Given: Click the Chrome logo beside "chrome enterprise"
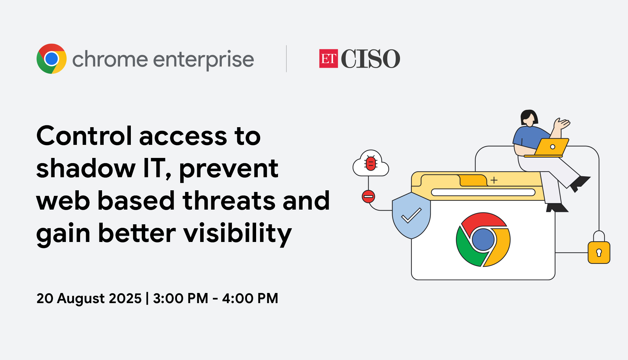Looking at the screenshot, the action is [52, 59].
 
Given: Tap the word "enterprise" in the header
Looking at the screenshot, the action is [203, 60].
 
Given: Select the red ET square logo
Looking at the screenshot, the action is [328, 59].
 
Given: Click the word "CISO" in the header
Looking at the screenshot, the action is [371, 59].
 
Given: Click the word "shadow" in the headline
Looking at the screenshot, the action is [86, 168].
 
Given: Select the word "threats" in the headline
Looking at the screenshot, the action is [229, 200].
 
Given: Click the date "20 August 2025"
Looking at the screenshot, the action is [89, 298].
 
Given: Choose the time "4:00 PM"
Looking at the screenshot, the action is [250, 298].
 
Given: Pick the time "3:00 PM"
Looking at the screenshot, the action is [181, 298].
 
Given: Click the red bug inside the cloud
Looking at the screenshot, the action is [371, 163].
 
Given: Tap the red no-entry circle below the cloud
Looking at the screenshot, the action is [368, 197].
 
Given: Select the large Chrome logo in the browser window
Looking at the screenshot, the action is [483, 240].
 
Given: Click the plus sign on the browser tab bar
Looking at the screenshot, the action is [494, 180].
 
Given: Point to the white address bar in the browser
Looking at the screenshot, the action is [483, 192].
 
